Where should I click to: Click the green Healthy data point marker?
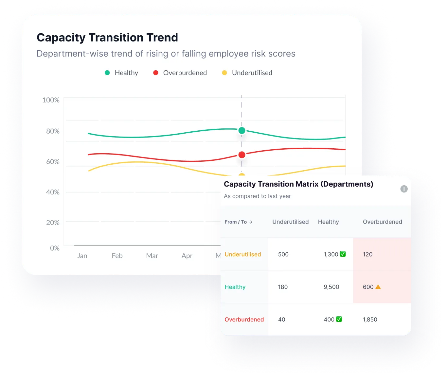point(242,130)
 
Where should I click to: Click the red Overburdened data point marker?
point(242,155)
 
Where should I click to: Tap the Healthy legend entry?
point(121,73)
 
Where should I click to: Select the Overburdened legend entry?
point(180,73)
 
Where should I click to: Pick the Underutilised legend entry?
point(247,73)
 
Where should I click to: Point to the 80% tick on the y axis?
point(53,131)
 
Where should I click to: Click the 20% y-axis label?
point(53,222)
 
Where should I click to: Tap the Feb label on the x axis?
point(117,256)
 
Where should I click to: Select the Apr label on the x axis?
point(187,256)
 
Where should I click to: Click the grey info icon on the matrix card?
point(404,189)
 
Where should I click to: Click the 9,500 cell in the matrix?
point(331,287)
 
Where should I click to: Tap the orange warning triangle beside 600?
point(378,287)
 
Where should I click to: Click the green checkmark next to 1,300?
point(343,254)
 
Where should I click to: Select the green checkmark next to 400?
point(339,319)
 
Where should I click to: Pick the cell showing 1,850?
point(370,320)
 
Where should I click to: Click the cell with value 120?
point(367,254)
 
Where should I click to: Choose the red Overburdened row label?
point(244,320)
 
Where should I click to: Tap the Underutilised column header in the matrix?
point(291,222)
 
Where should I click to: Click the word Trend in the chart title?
point(162,38)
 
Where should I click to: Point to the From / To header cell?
point(238,222)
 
